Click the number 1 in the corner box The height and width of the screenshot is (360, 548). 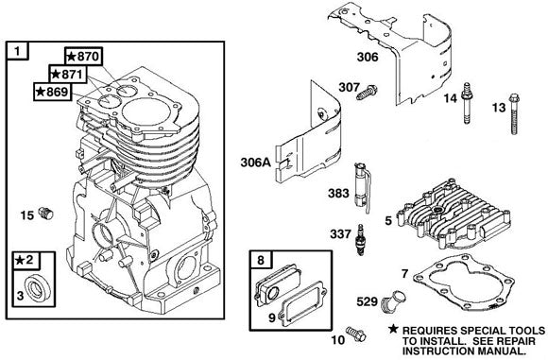point(15,49)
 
